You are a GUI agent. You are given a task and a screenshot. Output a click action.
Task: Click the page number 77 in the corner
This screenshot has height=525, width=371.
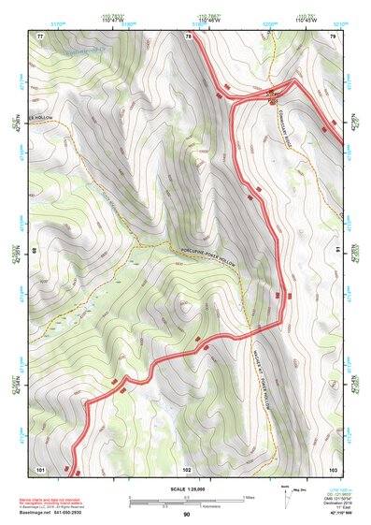pyautogui.click(x=40, y=36)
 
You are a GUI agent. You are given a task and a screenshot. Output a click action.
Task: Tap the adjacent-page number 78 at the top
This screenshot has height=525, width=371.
pyautogui.click(x=188, y=36)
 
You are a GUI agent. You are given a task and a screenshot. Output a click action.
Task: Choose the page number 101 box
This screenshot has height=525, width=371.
pyautogui.click(x=40, y=468)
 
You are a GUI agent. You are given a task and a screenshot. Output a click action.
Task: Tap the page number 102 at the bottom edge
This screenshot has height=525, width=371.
pyautogui.click(x=186, y=468)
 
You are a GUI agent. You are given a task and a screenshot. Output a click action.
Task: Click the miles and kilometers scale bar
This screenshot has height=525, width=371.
pyautogui.click(x=186, y=501)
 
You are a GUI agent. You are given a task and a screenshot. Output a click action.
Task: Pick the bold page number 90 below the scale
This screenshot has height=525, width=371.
pyautogui.click(x=186, y=515)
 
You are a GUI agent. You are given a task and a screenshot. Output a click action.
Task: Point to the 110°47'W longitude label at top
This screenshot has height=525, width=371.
pyautogui.click(x=136, y=22)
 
